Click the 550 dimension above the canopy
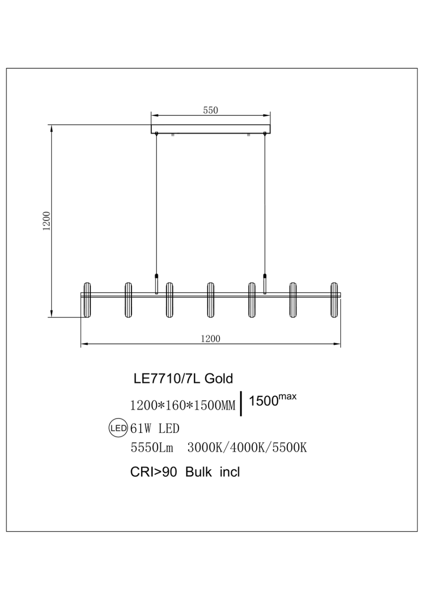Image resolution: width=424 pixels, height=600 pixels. click(x=210, y=110)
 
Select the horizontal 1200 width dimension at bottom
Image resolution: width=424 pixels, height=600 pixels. click(x=210, y=338)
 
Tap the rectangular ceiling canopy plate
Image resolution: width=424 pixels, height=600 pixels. click(x=211, y=129)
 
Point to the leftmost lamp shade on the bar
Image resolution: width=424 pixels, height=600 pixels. click(x=86, y=300)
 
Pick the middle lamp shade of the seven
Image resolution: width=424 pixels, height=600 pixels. click(x=210, y=300)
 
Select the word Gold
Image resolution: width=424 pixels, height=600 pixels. click(x=218, y=379)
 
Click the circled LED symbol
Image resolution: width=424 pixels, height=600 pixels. click(x=118, y=428)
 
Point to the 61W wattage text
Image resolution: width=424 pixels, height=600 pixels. click(x=142, y=429)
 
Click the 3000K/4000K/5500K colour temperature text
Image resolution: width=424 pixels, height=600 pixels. click(x=247, y=448)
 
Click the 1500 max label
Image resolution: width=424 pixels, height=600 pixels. click(x=272, y=401)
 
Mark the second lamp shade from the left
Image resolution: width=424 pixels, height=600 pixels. click(x=128, y=300)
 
